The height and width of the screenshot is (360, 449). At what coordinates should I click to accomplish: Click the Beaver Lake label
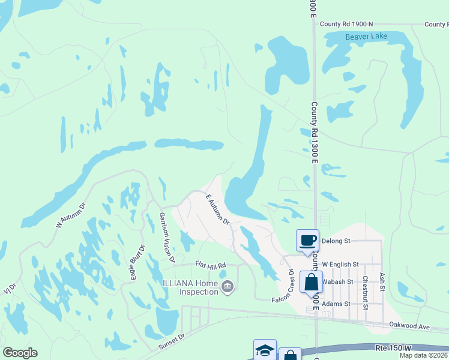[x=367, y=37]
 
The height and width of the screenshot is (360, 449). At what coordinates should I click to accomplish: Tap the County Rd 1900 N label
[x=346, y=24]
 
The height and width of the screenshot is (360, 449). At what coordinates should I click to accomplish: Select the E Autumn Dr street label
[x=218, y=209]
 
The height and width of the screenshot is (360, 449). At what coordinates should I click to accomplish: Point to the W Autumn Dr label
[x=71, y=215]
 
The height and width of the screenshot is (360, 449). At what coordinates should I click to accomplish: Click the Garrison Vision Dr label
[x=166, y=237]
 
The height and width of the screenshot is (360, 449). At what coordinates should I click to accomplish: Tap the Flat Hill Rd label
[x=209, y=265]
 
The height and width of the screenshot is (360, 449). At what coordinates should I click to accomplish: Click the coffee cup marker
[x=308, y=241]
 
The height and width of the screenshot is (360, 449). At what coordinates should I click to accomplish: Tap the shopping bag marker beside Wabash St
[x=311, y=281]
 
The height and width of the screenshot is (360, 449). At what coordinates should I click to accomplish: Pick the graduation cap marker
[x=265, y=350]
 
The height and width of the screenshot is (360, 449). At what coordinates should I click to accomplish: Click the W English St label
[x=340, y=264]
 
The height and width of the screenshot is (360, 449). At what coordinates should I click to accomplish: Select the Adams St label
[x=336, y=304]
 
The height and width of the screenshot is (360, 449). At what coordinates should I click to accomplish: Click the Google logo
[x=20, y=353]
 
